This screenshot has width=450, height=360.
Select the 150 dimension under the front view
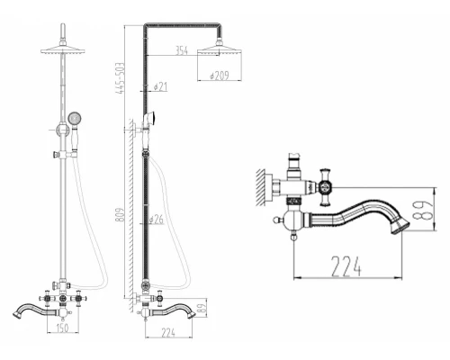click(62, 328)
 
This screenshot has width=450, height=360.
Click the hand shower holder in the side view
click(148, 121)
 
